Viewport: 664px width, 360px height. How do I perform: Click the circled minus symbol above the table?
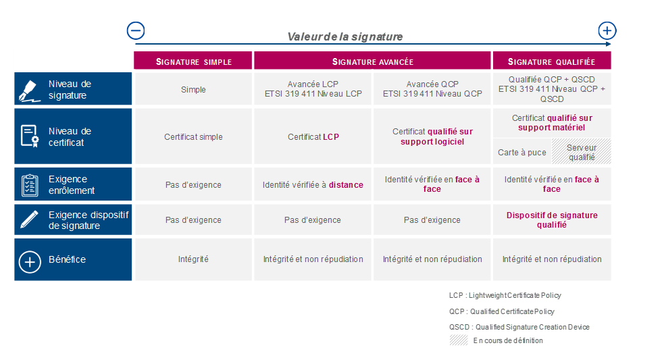click(x=136, y=30)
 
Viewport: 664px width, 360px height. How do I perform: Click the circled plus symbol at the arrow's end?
click(x=607, y=30)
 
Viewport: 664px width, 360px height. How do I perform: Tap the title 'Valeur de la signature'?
click(x=345, y=37)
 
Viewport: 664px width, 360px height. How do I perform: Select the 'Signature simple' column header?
click(x=193, y=61)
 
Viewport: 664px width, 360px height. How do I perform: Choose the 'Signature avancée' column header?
click(x=372, y=61)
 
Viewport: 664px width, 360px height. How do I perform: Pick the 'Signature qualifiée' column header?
click(x=552, y=61)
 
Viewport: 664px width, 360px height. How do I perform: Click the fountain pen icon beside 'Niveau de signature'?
click(x=30, y=91)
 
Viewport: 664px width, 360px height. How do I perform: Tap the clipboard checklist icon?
click(x=30, y=185)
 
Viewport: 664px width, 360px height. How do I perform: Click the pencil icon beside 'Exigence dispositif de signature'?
click(x=29, y=220)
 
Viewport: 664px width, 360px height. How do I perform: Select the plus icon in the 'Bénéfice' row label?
click(x=30, y=262)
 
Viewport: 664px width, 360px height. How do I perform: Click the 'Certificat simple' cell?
click(x=193, y=136)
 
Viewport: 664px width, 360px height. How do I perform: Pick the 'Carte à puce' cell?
click(x=522, y=151)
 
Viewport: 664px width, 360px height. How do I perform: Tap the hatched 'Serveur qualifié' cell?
click(x=582, y=151)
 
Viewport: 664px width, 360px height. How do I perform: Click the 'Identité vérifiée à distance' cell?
click(x=313, y=184)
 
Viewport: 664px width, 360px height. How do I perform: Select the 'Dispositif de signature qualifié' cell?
click(x=552, y=220)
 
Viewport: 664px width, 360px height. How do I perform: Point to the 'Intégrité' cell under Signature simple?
click(x=193, y=259)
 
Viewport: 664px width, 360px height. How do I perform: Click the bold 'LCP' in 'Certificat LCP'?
click(x=331, y=137)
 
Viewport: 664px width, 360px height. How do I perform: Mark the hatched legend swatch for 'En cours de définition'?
click(x=459, y=340)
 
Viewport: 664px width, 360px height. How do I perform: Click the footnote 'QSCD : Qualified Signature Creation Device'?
click(x=519, y=327)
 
